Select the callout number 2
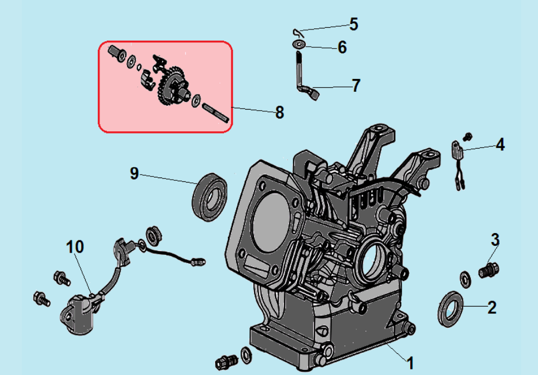[x=492, y=307]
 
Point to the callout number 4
[x=500, y=145]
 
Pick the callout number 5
[x=353, y=24]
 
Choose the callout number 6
[x=342, y=47]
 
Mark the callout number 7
[x=356, y=86]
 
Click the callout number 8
[x=279, y=112]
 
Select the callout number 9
[x=134, y=173]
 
